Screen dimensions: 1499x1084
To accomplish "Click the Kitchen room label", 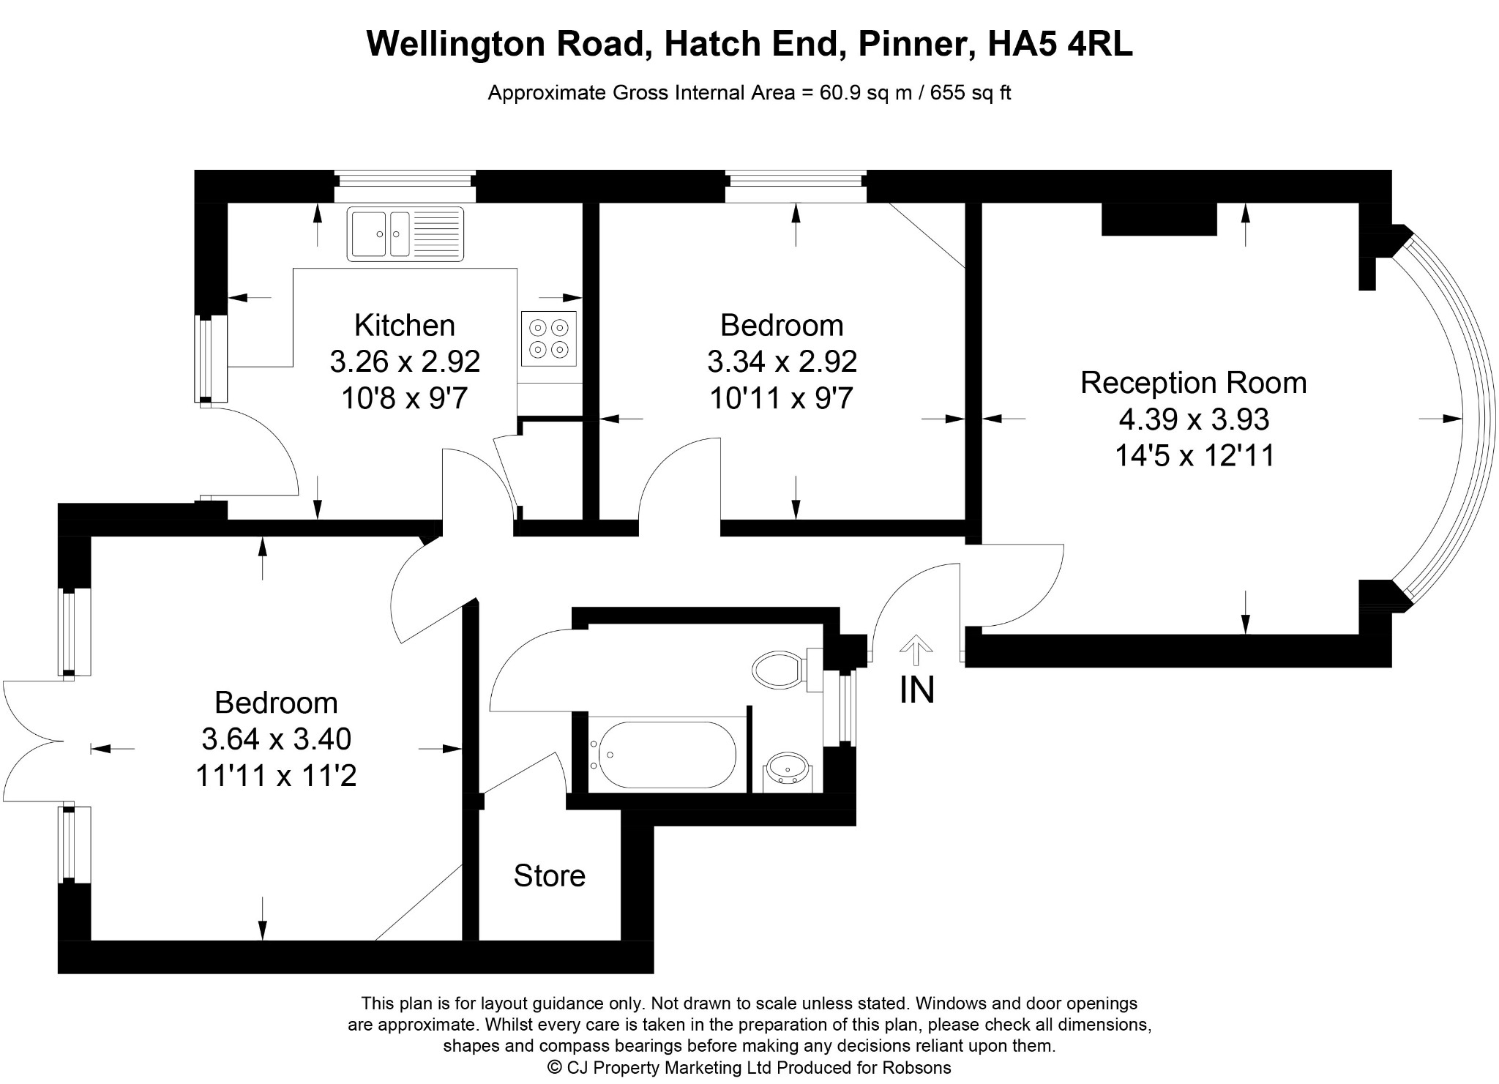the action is tap(404, 325).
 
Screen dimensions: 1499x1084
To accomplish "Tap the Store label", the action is tap(549, 875).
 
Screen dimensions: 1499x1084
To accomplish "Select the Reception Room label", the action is tap(1193, 383).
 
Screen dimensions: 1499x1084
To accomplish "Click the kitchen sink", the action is tap(405, 234).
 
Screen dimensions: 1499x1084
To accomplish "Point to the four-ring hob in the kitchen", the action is tap(549, 338).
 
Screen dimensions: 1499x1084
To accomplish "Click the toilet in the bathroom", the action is tap(782, 669).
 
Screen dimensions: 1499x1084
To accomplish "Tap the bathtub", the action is tap(663, 755).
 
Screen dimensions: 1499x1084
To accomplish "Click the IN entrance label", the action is tap(916, 689).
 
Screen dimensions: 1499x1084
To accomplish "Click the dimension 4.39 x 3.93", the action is tap(1194, 419).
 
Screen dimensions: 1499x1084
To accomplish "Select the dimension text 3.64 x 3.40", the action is tap(276, 739).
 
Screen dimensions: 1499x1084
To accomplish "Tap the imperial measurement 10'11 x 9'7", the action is tap(782, 398).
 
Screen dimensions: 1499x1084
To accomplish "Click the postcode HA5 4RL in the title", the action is tap(1060, 43).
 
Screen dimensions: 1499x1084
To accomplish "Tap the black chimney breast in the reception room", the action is tap(1159, 219).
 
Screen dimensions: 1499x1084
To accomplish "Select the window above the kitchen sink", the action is tap(405, 187).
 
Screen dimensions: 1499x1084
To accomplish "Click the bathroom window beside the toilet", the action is tap(847, 708).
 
